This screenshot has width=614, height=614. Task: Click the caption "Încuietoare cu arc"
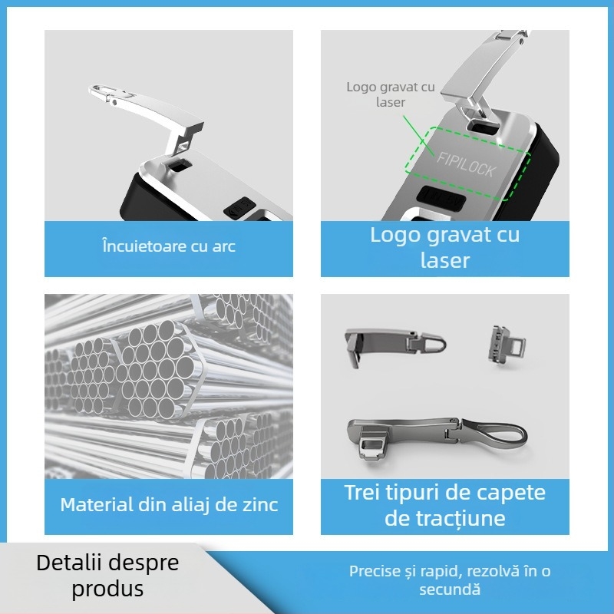click(x=169, y=246)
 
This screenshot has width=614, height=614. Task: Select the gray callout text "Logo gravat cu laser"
click(x=391, y=94)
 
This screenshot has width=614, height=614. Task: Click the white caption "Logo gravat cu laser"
click(x=445, y=247)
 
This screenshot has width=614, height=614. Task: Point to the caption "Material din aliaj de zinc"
click(x=169, y=505)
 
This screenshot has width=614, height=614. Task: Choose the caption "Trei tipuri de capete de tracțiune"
click(x=445, y=504)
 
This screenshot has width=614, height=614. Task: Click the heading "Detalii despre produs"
click(x=107, y=576)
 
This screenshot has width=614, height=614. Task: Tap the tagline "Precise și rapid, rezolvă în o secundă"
click(x=450, y=580)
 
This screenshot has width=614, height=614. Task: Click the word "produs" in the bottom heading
click(x=107, y=589)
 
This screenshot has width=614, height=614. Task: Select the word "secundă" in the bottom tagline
click(x=450, y=589)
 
